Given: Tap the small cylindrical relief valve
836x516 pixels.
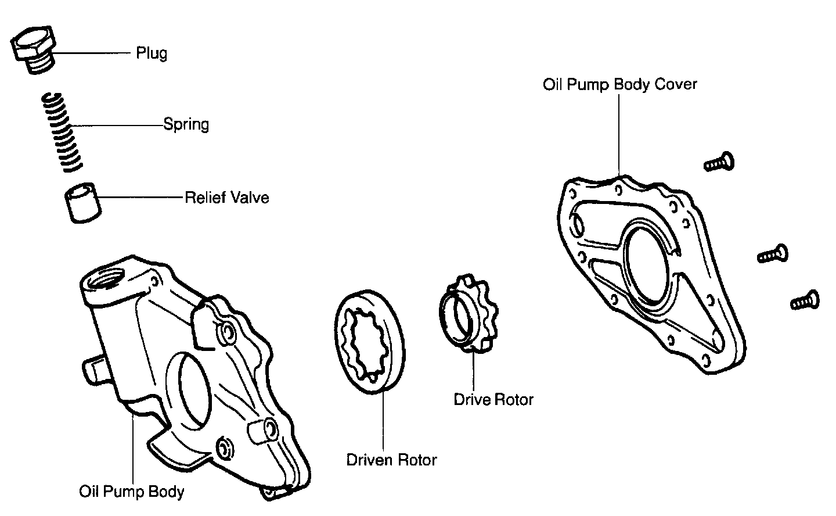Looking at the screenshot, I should click(82, 202).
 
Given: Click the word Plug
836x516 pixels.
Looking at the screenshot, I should click(152, 53).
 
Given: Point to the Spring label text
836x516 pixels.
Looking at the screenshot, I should click(186, 124).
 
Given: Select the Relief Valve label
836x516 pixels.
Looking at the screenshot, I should click(226, 198).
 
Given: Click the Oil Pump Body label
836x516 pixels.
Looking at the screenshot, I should click(132, 492).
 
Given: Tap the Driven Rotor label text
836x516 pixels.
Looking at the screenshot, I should click(391, 460).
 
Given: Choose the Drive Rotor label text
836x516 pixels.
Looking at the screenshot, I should click(493, 400).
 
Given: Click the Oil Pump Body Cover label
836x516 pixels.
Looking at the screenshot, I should click(619, 84).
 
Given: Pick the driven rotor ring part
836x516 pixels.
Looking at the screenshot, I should click(369, 343).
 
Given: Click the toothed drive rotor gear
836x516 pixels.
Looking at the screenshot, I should click(468, 314).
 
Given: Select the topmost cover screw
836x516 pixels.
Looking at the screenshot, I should click(719, 162).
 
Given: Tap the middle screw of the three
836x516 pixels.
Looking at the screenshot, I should click(773, 254).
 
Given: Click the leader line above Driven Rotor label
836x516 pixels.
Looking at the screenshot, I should click(383, 418).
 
